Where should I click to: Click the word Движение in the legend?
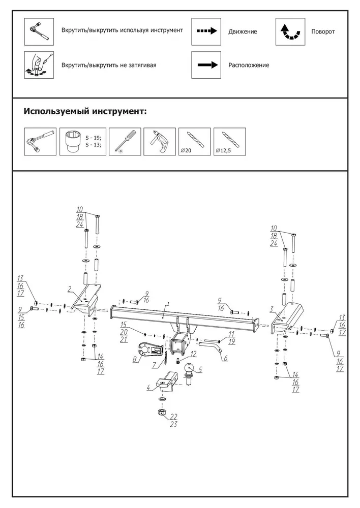243,31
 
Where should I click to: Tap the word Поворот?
323,31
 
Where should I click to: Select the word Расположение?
249,65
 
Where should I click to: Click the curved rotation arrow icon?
290,31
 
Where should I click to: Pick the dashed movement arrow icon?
206,31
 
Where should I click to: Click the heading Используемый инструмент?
85,112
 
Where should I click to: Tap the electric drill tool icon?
159,142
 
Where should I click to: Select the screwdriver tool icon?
125,142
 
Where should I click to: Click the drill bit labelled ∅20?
195,142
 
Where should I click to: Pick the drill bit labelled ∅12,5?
230,142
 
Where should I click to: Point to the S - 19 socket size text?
94,138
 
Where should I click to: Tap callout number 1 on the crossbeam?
168,304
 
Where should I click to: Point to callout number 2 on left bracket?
69,289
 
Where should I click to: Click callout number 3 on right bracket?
272,310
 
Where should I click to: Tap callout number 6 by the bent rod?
226,358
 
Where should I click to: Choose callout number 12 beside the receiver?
193,354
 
